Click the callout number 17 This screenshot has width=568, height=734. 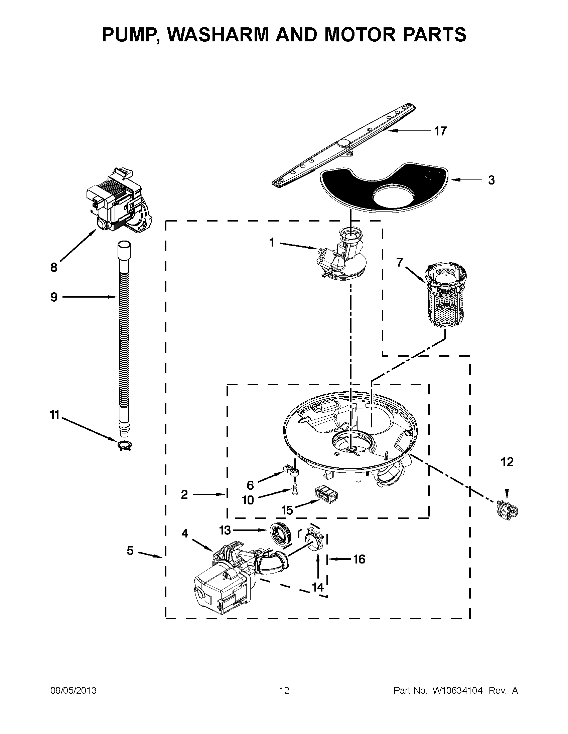tap(440, 131)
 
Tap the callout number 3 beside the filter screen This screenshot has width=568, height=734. tap(491, 180)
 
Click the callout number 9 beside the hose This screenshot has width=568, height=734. tap(54, 297)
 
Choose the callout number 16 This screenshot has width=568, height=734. tap(359, 559)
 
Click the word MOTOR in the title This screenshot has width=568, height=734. tap(359, 35)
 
